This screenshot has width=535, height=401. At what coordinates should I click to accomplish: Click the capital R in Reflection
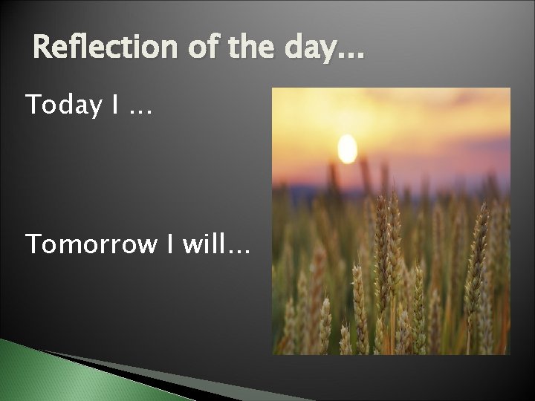pos(43,48)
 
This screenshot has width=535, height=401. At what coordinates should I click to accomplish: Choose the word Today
pos(63,105)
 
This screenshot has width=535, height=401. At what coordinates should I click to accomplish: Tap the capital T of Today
pos(33,105)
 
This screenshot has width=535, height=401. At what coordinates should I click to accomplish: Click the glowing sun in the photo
pos(347,149)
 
